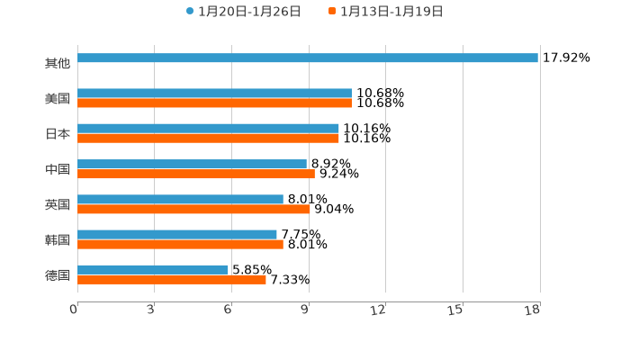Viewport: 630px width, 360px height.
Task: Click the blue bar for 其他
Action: (x=308, y=58)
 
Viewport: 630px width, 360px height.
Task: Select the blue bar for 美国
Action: (x=214, y=94)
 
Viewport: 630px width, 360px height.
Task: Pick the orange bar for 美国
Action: (x=214, y=103)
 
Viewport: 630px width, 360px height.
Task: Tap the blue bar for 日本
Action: (x=208, y=129)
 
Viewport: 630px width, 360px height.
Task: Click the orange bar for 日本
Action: (x=208, y=139)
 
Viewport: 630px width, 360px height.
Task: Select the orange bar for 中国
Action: (x=196, y=174)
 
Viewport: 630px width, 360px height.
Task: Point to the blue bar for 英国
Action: (x=180, y=200)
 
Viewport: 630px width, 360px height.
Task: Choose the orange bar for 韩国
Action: (x=180, y=244)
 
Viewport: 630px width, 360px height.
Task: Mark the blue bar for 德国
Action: (x=153, y=270)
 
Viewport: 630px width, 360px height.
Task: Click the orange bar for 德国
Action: (x=172, y=280)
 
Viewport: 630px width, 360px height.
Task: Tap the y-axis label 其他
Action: (x=58, y=64)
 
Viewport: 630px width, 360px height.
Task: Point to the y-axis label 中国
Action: (x=58, y=169)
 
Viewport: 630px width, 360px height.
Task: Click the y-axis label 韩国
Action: (x=58, y=239)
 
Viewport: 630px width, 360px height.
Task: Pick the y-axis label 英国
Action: (x=58, y=204)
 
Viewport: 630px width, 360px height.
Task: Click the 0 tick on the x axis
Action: (x=74, y=310)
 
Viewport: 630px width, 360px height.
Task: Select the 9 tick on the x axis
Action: (x=305, y=310)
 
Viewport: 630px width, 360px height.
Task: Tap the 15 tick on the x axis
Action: (x=455, y=310)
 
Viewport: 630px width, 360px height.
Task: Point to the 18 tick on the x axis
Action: (x=533, y=310)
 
